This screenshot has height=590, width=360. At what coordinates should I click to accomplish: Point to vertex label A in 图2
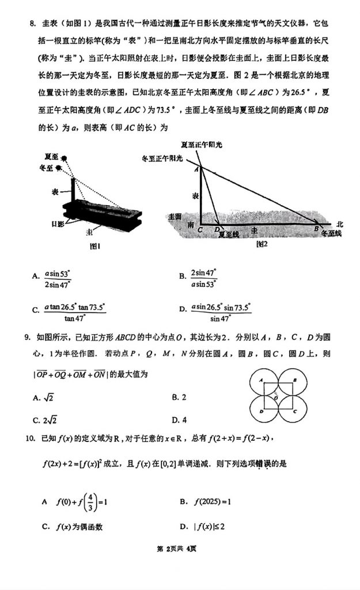click(195, 168)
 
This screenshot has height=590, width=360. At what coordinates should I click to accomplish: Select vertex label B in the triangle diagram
click(316, 229)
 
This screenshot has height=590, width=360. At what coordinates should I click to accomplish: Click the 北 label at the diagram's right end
click(339, 224)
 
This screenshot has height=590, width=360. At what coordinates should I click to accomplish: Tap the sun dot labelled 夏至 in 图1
click(67, 157)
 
